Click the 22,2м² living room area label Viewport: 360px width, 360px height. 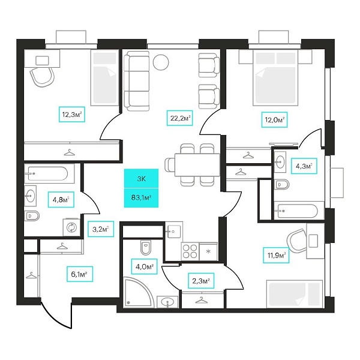point(180,118)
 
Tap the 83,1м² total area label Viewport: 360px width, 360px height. point(141,197)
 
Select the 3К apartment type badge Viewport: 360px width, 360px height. point(141,179)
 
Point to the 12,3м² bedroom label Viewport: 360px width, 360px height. point(72,115)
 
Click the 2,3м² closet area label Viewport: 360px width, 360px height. point(201,281)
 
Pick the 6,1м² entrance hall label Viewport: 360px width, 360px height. point(80,274)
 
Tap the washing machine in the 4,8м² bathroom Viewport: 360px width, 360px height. point(71,227)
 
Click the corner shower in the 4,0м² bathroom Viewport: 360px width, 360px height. point(139,292)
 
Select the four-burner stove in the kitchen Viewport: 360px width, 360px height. point(190,251)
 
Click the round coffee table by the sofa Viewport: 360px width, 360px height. point(161,62)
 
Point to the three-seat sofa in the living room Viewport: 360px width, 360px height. point(137,81)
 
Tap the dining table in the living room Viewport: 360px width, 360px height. point(197,165)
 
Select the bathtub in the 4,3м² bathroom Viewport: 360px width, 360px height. point(296,211)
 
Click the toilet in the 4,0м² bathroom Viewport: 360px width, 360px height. point(145,247)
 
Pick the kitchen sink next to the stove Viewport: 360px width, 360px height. point(174,231)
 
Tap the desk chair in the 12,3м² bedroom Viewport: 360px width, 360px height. point(42,77)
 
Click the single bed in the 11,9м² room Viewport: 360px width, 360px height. point(295,293)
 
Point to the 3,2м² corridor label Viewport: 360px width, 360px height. point(101,229)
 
